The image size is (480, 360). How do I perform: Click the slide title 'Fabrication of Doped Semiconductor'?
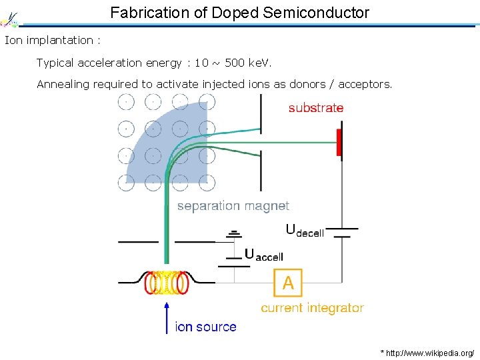(x=239, y=12)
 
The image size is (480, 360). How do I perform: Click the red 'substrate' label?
(x=316, y=108)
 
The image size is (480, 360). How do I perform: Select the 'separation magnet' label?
(x=233, y=206)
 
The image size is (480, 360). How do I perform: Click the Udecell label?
(x=305, y=231)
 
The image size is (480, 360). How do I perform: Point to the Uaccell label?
(x=264, y=255)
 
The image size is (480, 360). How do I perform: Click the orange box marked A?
(x=288, y=283)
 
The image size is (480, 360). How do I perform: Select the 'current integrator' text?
(x=312, y=308)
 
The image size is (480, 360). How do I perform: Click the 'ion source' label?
(x=205, y=327)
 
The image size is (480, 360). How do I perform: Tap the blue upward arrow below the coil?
(x=167, y=317)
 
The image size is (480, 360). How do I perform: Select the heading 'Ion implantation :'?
(x=52, y=40)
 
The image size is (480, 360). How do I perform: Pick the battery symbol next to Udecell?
(x=343, y=232)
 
